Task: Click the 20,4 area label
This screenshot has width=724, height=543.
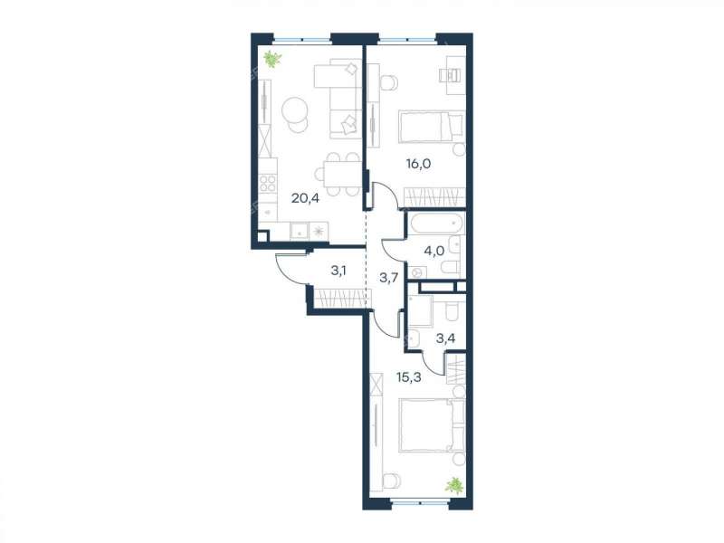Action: click(305, 198)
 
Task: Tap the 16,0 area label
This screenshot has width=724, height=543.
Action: click(418, 164)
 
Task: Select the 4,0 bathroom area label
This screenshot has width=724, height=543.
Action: click(434, 251)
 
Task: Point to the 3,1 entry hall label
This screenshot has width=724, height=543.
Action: click(338, 271)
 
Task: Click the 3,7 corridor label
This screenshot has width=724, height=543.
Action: click(388, 278)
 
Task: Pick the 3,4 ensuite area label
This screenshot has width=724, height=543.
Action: click(445, 338)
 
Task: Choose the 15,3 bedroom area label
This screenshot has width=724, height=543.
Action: click(409, 377)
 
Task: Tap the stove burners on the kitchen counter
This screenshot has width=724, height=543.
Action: click(268, 183)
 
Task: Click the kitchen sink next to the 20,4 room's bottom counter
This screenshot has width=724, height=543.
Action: click(300, 232)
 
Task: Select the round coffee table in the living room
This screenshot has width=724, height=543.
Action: click(295, 110)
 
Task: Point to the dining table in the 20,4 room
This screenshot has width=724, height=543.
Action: click(342, 174)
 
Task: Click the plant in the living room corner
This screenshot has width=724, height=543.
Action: click(272, 59)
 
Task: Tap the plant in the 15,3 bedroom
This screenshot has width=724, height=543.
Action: click(454, 485)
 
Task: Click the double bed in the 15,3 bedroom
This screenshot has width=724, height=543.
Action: click(432, 425)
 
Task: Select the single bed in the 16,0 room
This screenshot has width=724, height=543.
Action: click(432, 126)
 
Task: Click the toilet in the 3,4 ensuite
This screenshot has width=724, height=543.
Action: click(451, 311)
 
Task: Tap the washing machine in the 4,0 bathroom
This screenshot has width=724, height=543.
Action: click(418, 272)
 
